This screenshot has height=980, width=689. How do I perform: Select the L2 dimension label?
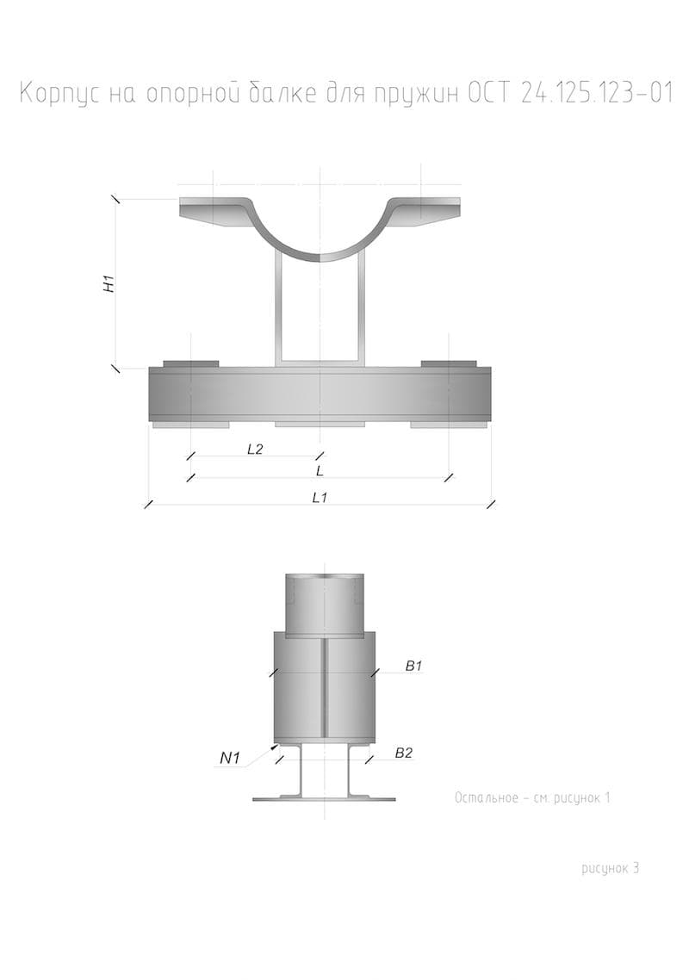pos(254,449)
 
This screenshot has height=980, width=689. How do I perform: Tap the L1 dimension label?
pos(320,498)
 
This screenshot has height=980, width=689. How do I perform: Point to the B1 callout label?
pos(414,667)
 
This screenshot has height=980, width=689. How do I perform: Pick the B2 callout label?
pos(404,754)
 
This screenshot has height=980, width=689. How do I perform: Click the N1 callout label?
pos(230,759)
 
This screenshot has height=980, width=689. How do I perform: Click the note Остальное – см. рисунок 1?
pos(532,798)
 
